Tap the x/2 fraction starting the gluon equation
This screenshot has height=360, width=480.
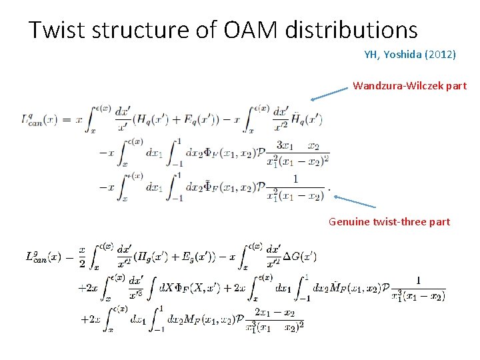82,256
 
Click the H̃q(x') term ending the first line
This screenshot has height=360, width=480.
307,120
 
